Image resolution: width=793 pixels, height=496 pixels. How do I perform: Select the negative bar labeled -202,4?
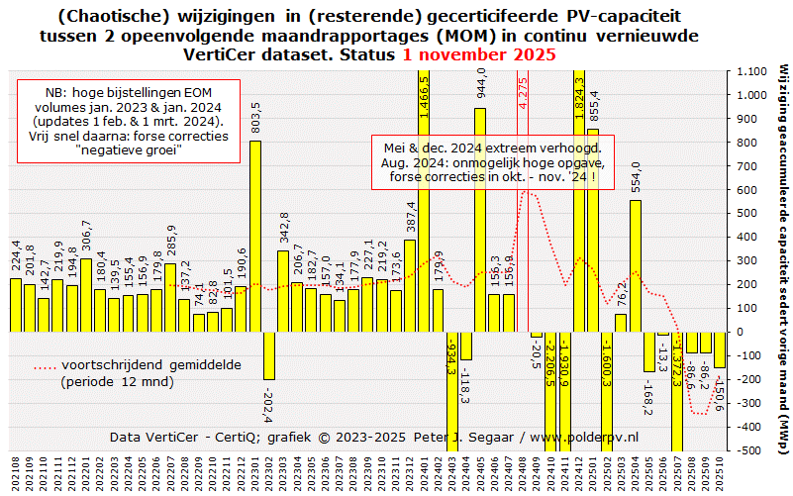point(269,355)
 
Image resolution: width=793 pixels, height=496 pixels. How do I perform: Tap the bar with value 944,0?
point(480,219)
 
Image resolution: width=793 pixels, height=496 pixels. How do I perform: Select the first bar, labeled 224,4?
point(16,304)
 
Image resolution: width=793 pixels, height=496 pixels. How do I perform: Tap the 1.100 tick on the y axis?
point(745,71)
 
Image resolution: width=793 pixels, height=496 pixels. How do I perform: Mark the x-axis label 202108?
point(16,472)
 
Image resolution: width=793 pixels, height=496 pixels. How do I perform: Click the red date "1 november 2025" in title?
point(479,53)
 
